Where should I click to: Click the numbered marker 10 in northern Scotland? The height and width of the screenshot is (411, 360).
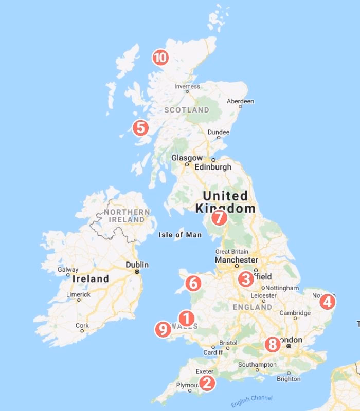click(x=160, y=58)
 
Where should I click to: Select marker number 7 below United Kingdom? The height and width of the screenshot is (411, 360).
click(x=219, y=217)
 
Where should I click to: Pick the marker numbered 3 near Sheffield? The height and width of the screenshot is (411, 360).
click(x=246, y=279)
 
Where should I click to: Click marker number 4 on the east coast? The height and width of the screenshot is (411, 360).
click(x=327, y=302)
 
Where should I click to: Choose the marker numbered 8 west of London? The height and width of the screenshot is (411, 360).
click(x=273, y=344)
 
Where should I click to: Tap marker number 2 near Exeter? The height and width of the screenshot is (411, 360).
click(x=207, y=382)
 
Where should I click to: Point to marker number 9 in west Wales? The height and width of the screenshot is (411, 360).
click(x=163, y=329)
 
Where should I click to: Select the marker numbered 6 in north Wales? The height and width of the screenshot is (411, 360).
click(x=193, y=283)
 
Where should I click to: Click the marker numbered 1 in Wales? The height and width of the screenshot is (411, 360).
click(x=186, y=318)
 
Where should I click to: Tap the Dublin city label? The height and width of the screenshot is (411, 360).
click(x=137, y=265)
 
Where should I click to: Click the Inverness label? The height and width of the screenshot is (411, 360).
click(x=187, y=86)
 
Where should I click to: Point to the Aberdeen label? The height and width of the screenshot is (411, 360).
click(x=240, y=101)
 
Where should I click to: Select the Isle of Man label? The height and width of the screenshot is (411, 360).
click(x=178, y=235)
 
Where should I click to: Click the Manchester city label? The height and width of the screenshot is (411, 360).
click(x=237, y=260)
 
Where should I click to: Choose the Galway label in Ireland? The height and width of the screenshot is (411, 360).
click(x=68, y=269)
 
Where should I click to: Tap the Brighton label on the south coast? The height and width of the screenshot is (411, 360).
click(x=289, y=379)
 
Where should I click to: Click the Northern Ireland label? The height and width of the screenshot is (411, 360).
click(x=127, y=216)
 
